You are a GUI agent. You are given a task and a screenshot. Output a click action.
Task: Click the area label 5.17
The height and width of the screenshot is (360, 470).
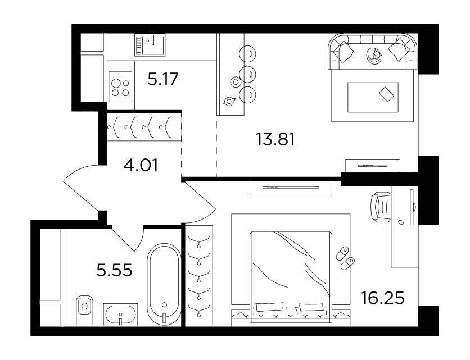coord(163,79)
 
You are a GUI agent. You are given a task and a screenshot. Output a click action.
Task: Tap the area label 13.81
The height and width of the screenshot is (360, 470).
coord(275,139)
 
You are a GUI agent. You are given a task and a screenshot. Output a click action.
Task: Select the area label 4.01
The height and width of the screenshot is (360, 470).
coord(141,165)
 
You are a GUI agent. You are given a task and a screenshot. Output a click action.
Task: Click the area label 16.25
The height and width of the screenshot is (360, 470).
coord(383,298)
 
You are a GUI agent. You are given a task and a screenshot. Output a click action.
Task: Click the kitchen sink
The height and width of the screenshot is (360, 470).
coord(150,45)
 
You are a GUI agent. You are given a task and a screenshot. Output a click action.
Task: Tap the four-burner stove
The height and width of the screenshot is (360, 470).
coord(120,86)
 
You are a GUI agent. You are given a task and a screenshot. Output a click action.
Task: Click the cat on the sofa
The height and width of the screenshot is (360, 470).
coord(374,56)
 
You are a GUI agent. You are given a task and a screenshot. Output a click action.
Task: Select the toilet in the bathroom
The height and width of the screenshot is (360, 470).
coord(84,310)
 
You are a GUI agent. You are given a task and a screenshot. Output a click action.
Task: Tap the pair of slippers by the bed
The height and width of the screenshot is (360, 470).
coord(345,258)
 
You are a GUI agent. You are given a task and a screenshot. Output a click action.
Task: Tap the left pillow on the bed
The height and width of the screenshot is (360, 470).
coord(269,307)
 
